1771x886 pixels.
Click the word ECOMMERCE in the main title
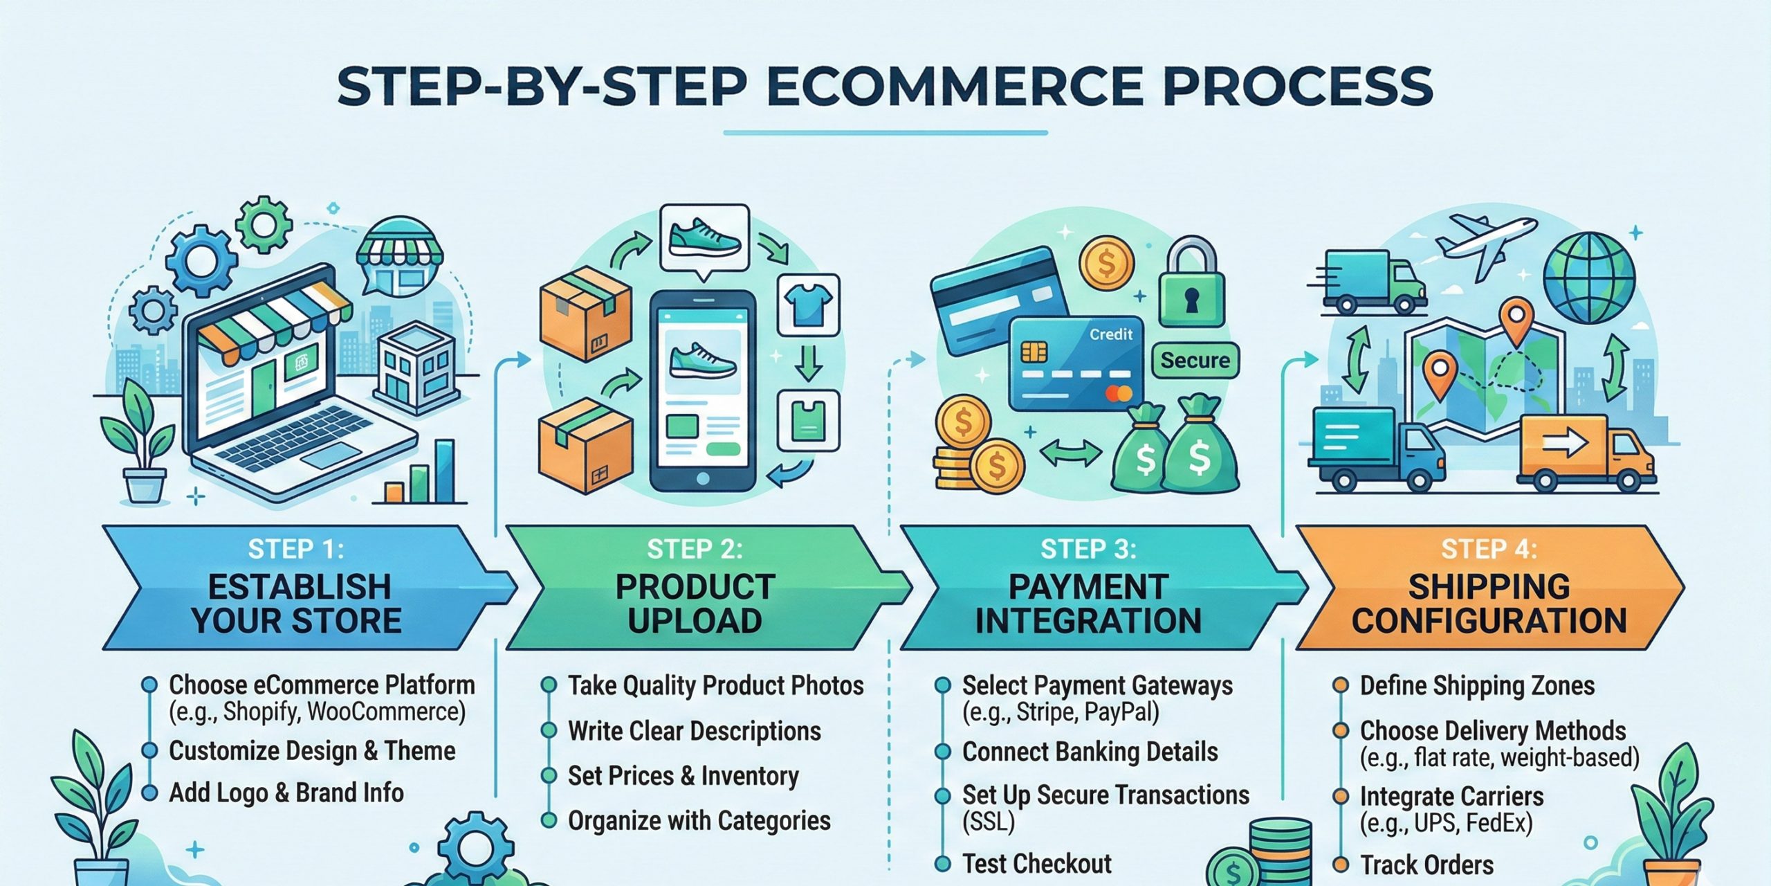955,87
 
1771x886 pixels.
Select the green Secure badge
1195,360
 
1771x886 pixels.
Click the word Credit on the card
1111,334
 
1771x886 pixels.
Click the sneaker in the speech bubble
705,237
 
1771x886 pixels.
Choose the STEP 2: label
695,549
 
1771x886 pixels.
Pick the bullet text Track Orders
1426,865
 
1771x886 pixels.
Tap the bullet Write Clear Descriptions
694,731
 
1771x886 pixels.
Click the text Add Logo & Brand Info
286,793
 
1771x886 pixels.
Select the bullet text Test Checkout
1036,863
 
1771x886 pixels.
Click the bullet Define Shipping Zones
1477,685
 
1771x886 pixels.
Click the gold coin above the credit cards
1106,263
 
